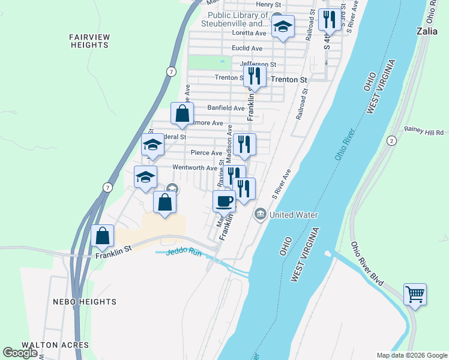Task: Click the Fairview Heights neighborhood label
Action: (90, 41)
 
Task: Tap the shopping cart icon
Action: (415, 295)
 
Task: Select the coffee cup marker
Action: (224, 202)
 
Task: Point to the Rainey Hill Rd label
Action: (424, 132)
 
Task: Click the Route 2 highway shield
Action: (391, 140)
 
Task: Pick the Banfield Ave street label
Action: (226, 108)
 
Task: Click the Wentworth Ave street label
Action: (194, 168)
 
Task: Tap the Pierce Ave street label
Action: (206, 153)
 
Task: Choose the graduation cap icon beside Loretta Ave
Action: (283, 26)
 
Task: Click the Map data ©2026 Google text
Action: (412, 355)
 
